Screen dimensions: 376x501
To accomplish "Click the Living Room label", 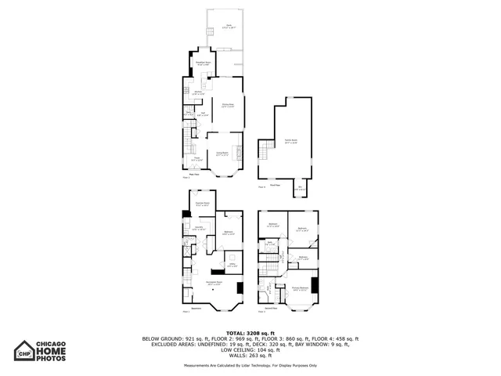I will pos(222,154).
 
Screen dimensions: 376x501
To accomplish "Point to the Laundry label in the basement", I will pos(198,229).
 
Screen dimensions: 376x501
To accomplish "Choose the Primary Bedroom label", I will pos(299,288).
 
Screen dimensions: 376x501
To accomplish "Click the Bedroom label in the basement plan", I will pos(228,233).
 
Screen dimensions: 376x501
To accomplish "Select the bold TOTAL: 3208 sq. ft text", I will pos(250,333).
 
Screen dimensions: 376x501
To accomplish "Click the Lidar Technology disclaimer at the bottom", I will pos(250,365).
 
